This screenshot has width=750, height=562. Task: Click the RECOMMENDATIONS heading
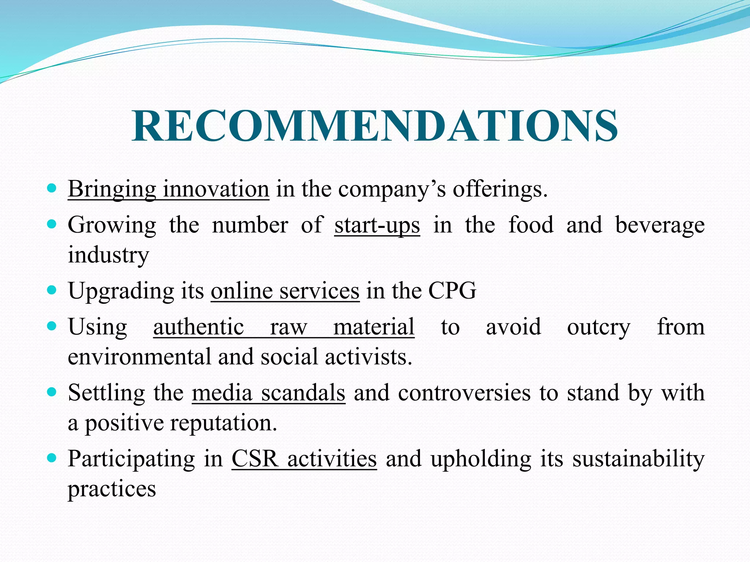[x=375, y=126]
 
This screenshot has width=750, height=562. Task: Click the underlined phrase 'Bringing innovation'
[x=168, y=189]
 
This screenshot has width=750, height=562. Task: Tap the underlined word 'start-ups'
[x=377, y=225]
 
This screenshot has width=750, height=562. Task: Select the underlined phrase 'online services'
[x=285, y=291]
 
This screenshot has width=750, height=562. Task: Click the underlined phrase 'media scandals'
[x=268, y=393]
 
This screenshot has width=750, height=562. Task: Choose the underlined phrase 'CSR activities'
[x=304, y=458]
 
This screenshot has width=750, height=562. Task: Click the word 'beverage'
[x=660, y=225]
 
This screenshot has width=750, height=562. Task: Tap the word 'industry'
[x=108, y=255]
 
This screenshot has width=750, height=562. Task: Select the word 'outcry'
[x=598, y=327]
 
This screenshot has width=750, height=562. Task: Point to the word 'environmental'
[x=140, y=357]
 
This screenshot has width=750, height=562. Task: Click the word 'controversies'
[x=464, y=393]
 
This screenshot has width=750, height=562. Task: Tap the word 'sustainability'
[x=638, y=458]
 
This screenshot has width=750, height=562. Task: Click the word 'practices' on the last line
[x=112, y=488]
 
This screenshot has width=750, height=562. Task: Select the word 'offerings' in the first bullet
[x=500, y=189]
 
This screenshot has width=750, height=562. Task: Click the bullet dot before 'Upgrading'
[x=52, y=291]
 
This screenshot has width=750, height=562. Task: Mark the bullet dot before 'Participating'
[x=52, y=458]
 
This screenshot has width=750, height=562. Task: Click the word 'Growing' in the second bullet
[x=112, y=225]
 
